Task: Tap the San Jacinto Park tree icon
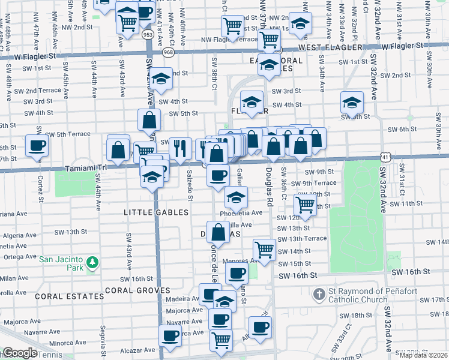pos(92,263)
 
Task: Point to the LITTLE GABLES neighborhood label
pos(156,212)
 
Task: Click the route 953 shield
pos(148,35)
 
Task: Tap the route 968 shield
pos(166,53)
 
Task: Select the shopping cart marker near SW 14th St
pos(264,248)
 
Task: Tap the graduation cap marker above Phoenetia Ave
pos(237,196)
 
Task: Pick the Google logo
pos(19,353)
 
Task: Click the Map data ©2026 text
pos(424,355)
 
